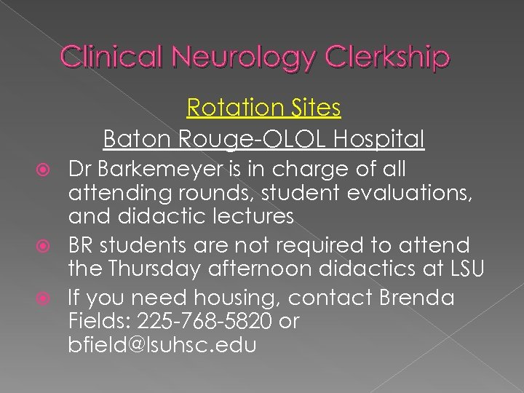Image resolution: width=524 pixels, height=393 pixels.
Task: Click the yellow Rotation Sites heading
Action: [263, 108]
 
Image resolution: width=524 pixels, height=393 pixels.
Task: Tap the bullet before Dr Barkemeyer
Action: [50, 170]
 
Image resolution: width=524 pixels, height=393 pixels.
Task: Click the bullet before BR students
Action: [50, 246]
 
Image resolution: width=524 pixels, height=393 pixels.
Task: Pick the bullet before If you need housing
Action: [50, 298]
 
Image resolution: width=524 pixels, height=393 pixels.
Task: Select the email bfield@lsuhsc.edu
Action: [162, 345]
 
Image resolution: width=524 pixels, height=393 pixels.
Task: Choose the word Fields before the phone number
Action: [93, 322]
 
